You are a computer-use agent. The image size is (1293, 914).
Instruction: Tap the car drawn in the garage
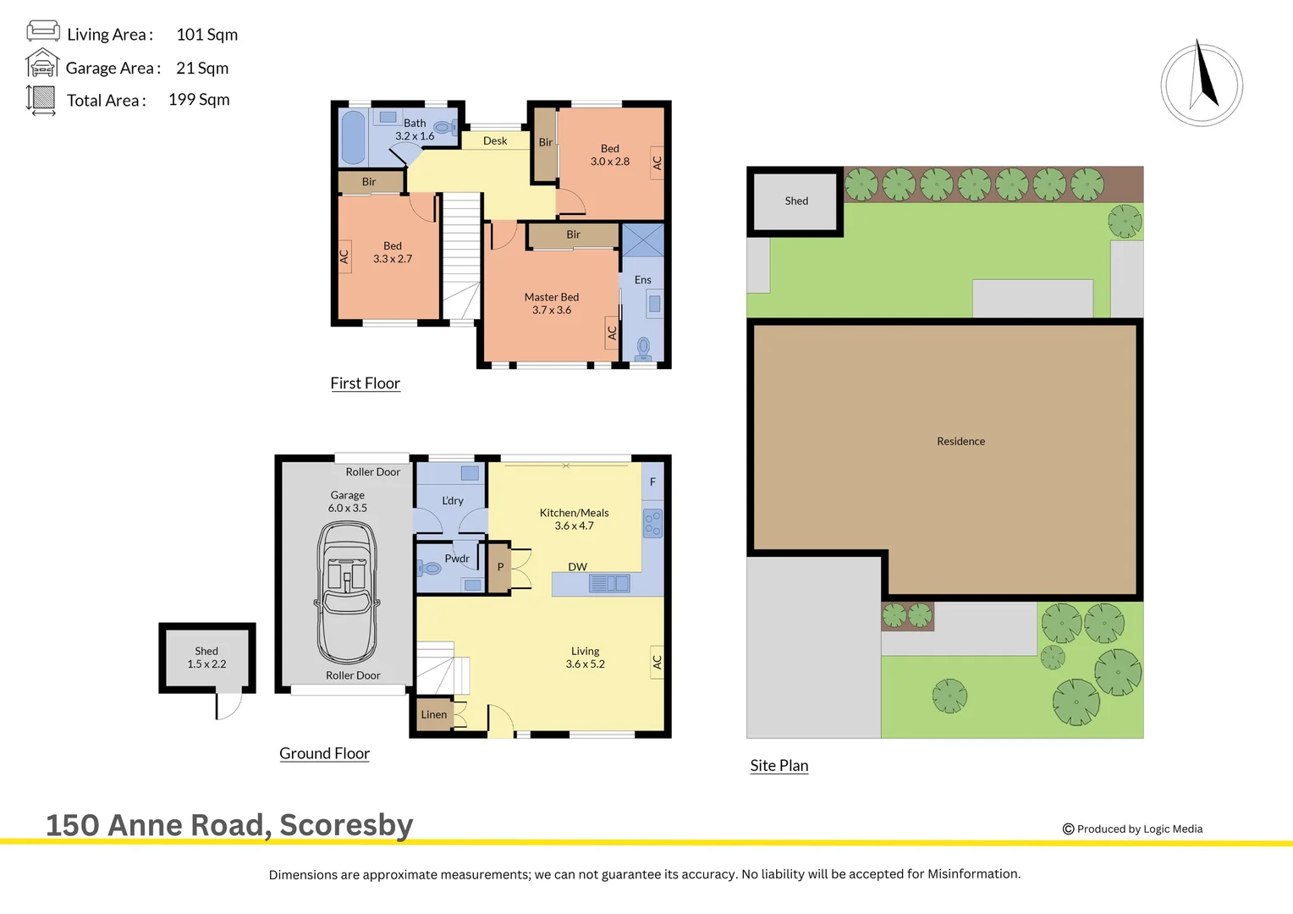[347, 592]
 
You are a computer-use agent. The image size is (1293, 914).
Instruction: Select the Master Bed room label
[552, 303]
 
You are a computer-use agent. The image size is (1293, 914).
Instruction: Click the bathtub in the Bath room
[353, 137]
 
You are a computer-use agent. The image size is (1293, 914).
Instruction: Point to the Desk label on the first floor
[495, 141]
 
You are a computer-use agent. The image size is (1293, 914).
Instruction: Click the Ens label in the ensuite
[643, 280]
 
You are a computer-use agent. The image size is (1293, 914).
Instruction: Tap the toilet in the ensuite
[643, 347]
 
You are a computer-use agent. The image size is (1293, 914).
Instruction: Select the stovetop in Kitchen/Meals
[652, 524]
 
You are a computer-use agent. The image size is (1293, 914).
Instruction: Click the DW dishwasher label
[577, 567]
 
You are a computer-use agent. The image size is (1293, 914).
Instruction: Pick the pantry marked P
[500, 567]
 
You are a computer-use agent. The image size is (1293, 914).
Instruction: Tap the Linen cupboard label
[434, 714]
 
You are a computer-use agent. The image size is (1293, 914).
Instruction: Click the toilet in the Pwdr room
[430, 568]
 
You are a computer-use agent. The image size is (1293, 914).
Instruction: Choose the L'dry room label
[453, 501]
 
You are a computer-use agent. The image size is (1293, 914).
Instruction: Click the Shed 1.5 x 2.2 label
[206, 658]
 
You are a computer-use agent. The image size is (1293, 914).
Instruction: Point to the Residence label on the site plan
[960, 442]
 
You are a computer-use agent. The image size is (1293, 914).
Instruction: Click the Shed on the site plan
[796, 201]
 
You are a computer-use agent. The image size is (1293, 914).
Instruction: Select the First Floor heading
[365, 383]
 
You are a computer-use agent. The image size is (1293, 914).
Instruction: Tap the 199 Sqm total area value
[199, 100]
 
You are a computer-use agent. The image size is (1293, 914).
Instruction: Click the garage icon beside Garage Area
[41, 64]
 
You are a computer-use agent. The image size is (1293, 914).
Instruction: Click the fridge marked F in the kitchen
[652, 482]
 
